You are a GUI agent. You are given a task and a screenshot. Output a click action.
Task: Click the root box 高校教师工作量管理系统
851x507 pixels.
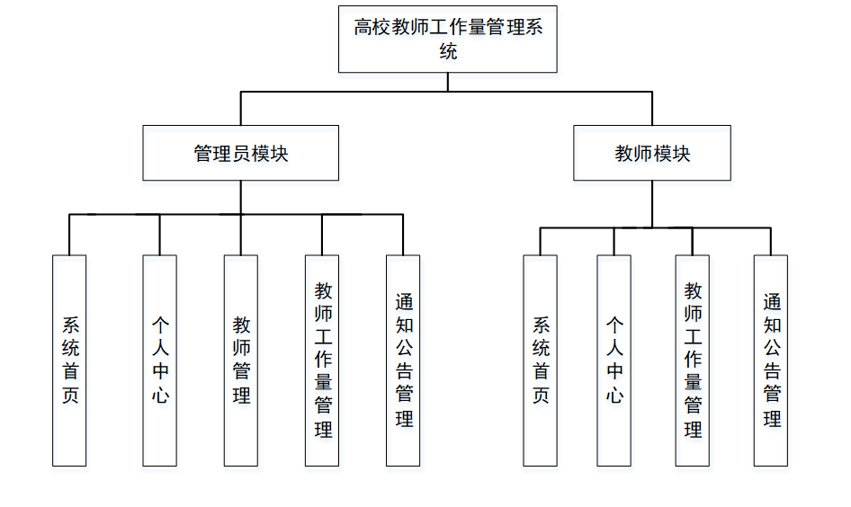[447, 39]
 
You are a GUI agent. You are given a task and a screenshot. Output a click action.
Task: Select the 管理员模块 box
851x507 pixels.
[240, 153]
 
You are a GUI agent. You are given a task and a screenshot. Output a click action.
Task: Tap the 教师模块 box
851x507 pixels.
[652, 153]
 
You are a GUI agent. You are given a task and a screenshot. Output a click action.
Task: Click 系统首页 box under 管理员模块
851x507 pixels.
[69, 360]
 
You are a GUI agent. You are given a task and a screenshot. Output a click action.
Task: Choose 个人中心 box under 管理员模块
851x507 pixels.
[159, 360]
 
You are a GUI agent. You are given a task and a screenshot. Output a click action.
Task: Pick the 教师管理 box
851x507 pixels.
[240, 360]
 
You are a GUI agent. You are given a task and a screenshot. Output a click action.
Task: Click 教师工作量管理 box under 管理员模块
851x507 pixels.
[322, 360]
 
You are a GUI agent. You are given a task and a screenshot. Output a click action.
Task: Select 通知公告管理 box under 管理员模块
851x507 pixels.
[403, 360]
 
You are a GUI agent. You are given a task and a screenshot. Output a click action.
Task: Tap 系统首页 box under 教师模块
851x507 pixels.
[540, 360]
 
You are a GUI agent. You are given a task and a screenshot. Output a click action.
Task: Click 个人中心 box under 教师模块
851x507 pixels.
[614, 360]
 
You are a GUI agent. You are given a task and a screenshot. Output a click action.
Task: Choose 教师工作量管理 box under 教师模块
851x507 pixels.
[693, 360]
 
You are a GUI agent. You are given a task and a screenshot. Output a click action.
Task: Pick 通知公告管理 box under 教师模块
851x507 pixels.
[771, 360]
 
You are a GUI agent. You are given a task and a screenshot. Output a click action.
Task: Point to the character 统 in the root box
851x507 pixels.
[448, 51]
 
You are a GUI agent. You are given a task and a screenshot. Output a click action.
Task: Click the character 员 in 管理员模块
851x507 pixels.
[241, 154]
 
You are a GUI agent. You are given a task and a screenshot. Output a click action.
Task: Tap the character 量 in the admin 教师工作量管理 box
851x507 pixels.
[323, 383]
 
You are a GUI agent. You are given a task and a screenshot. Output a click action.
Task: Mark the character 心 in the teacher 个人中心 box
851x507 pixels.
[614, 395]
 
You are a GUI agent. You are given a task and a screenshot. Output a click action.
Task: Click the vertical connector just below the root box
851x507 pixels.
[448, 82]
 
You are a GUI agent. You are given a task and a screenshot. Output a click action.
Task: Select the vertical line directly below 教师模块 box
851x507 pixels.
[652, 204]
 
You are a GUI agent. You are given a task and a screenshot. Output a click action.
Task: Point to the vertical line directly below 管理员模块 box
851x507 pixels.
[240, 198]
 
